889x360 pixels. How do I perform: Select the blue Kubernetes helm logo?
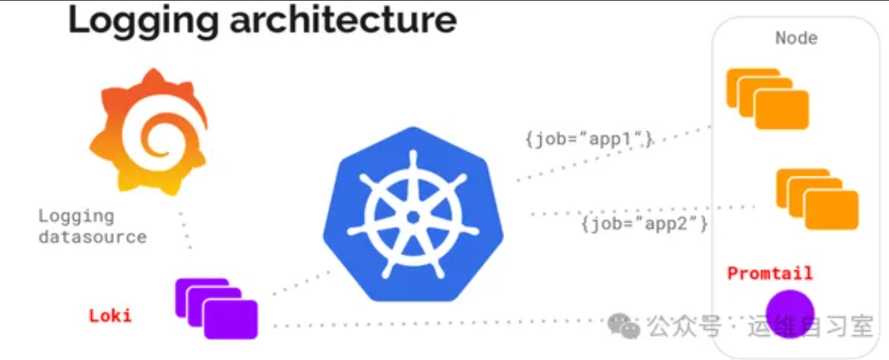coord(413,214)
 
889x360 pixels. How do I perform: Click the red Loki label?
coord(110,316)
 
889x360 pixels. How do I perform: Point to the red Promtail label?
coord(770,273)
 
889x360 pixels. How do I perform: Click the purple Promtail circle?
coord(790,314)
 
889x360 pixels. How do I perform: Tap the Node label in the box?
coord(796,38)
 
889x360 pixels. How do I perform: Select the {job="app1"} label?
coord(589,139)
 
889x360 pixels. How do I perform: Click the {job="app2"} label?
coord(644,223)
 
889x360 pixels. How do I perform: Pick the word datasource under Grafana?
coord(93,237)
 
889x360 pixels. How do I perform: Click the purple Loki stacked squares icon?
coord(217,309)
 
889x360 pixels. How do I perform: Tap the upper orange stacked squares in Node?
coord(768,99)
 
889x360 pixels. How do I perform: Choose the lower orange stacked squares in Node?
coord(817,199)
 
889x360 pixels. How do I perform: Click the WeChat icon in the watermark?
coord(624,326)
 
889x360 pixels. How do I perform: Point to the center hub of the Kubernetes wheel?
coord(413,217)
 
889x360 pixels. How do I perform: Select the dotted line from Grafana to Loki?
coord(185,231)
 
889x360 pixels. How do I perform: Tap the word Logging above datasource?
coord(76,217)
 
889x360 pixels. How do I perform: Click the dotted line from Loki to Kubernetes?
coord(302,283)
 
